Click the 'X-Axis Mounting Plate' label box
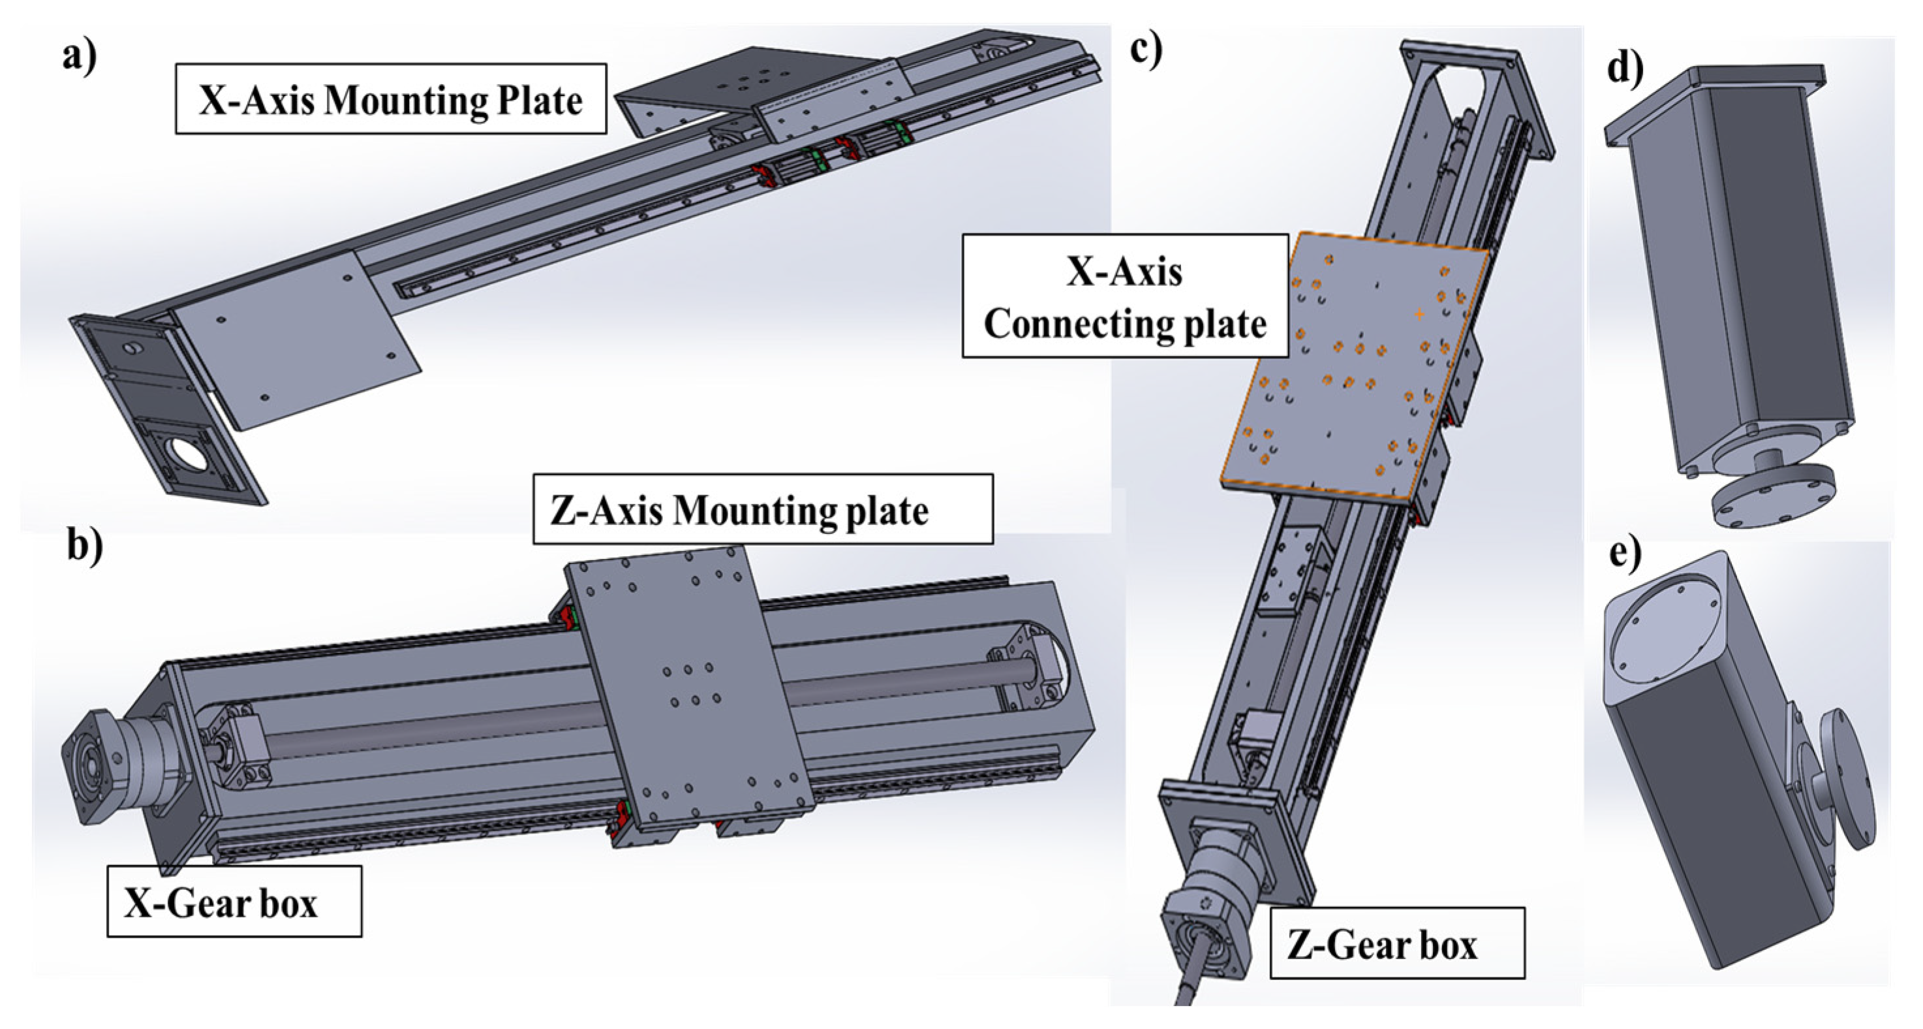pyautogui.click(x=390, y=99)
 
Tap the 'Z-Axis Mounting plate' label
pyautogui.click(x=762, y=510)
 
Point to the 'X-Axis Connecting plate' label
pyautogui.click(x=1125, y=296)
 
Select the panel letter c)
pyautogui.click(x=1146, y=49)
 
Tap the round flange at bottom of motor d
pyautogui.click(x=1771, y=498)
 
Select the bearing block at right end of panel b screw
pyautogui.click(x=1019, y=676)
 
